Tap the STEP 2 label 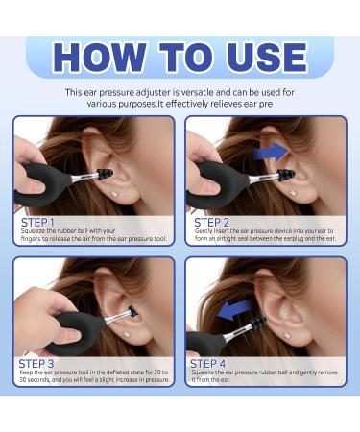pyautogui.click(x=210, y=222)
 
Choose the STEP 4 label pyautogui.click(x=210, y=363)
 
